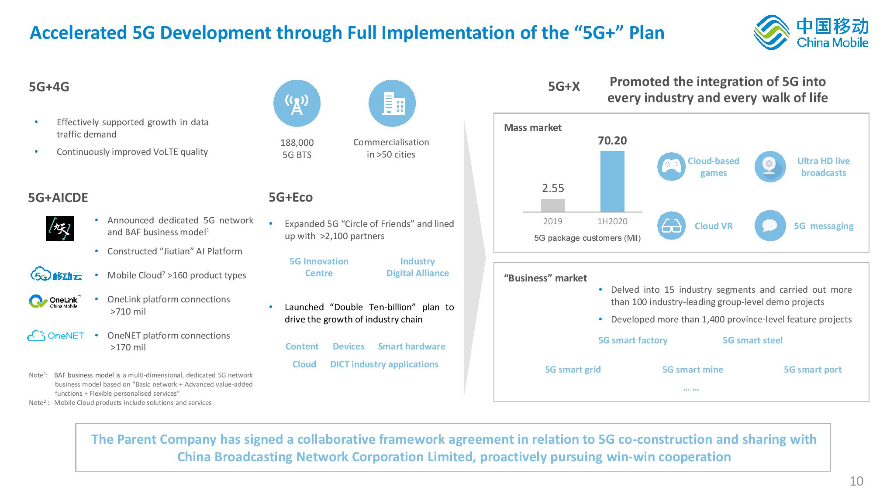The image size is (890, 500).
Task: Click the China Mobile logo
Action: coord(811,32)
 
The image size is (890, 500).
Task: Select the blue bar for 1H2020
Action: coord(612,182)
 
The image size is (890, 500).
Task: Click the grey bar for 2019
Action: coord(553,205)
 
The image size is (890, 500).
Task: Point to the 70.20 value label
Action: coord(612,140)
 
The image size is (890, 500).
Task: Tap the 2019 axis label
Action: coord(553,221)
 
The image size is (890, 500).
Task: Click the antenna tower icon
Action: coord(297,103)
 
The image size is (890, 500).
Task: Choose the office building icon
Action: coord(392,103)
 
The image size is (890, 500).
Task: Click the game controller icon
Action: coord(671,167)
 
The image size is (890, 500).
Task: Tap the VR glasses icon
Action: coord(671,226)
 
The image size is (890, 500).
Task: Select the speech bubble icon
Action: coord(770,226)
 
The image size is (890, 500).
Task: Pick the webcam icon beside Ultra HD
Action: coord(770,167)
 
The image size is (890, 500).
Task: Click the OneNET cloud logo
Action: coord(56,336)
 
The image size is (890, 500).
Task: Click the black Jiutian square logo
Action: coord(60,229)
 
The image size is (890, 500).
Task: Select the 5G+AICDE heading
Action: coord(58,198)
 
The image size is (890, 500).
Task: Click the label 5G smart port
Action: coord(813,370)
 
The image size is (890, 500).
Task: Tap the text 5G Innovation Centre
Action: coord(319,267)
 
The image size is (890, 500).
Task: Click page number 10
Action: coord(856,481)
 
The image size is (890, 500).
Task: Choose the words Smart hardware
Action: coord(411,346)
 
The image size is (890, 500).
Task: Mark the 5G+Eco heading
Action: coord(291,197)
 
